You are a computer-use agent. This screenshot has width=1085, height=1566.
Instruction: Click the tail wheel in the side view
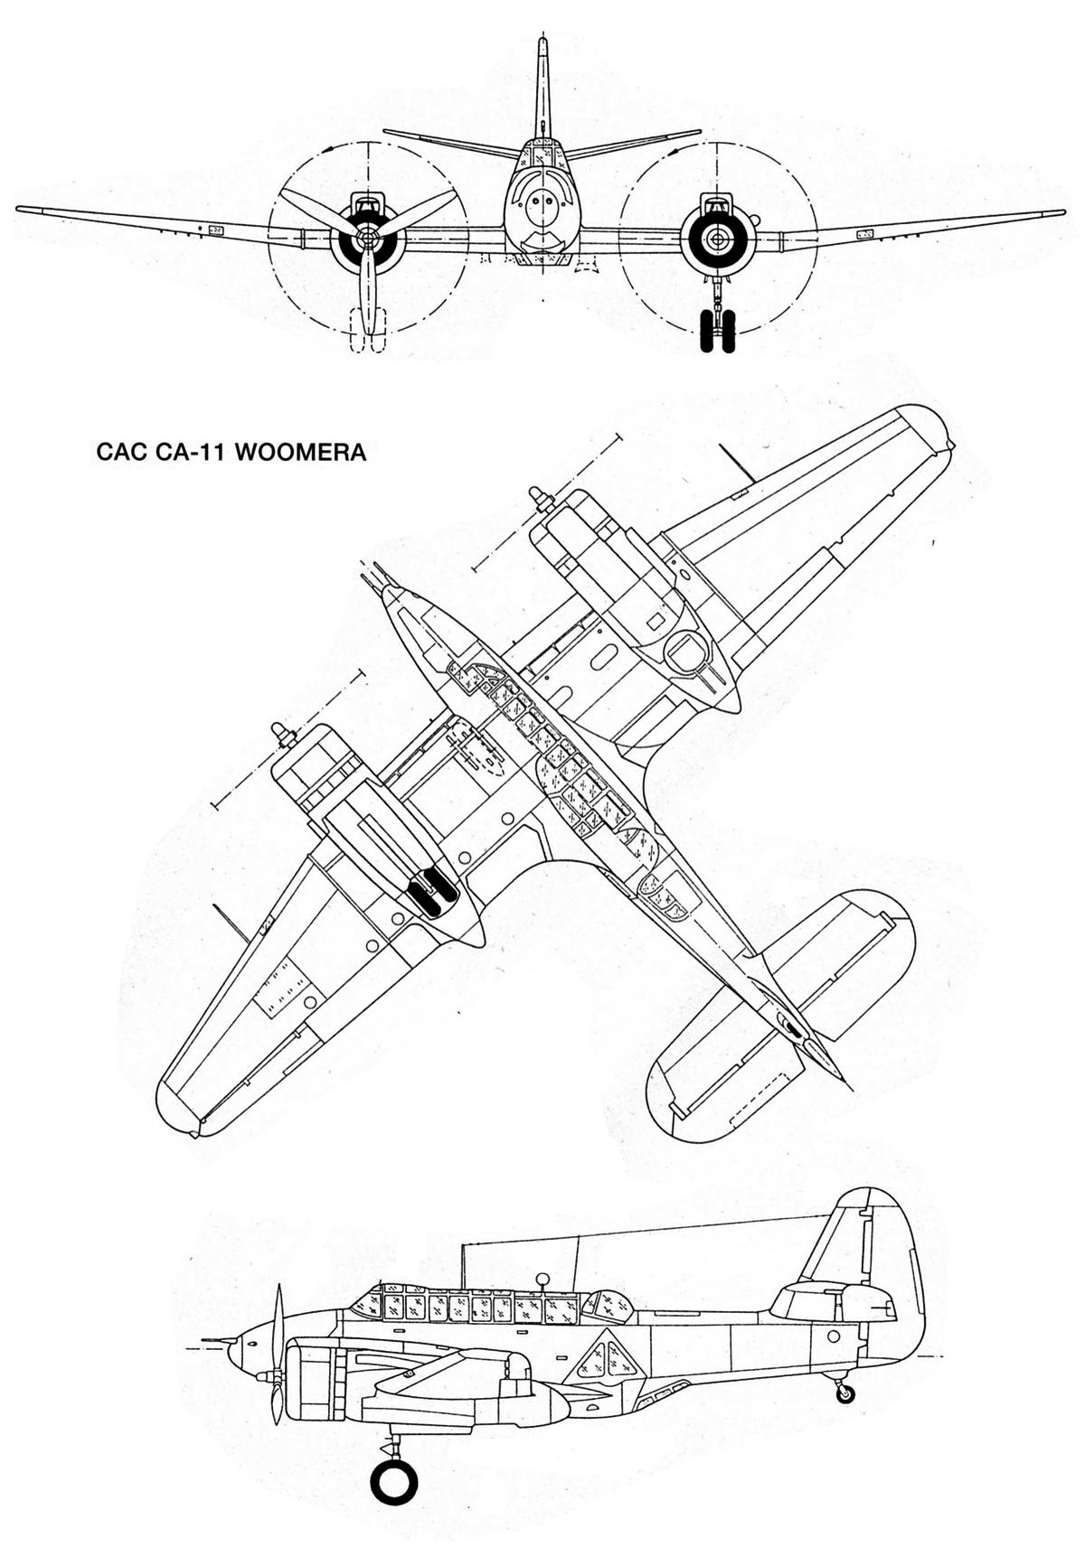click(844, 1394)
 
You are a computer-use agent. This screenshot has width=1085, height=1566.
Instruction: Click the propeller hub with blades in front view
click(365, 237)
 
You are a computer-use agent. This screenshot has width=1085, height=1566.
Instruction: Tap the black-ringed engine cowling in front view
click(718, 239)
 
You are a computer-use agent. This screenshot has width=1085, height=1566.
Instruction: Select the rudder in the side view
click(891, 1265)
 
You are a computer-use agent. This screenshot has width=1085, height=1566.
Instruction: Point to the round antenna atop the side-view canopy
click(543, 1279)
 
